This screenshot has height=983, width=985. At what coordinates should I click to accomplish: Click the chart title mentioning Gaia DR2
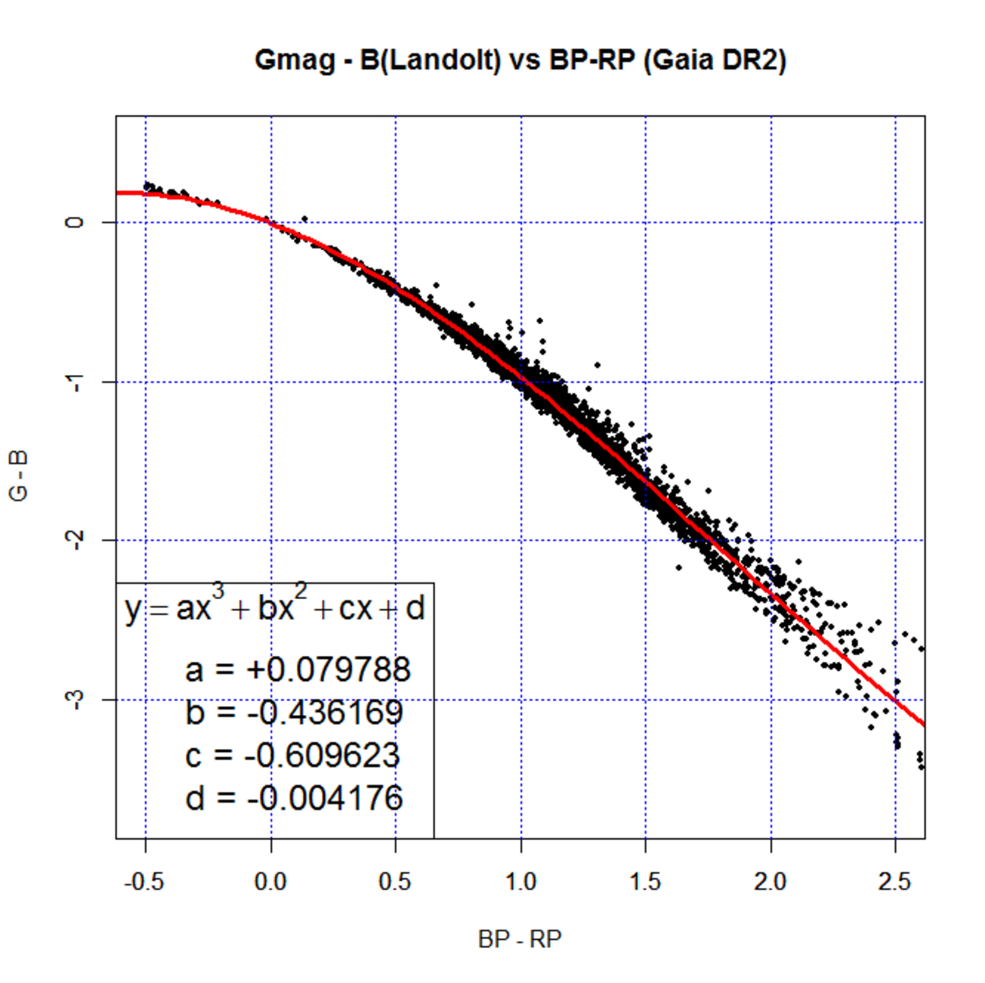[520, 60]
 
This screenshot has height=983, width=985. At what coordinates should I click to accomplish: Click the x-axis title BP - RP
[520, 940]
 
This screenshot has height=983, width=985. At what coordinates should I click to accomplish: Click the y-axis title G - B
[18, 476]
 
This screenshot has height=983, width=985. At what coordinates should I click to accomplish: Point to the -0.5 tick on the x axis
[145, 882]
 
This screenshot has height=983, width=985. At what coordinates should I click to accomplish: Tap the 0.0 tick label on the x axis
[270, 882]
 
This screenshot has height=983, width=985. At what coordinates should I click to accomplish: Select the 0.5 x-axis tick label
[396, 882]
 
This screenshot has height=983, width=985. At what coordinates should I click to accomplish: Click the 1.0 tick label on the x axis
[521, 882]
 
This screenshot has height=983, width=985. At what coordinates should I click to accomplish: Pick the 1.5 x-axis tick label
[646, 882]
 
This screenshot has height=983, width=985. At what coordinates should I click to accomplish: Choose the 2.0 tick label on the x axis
[771, 882]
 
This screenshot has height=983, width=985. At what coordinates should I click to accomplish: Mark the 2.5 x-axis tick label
[895, 882]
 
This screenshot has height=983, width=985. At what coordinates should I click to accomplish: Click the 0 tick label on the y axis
[74, 222]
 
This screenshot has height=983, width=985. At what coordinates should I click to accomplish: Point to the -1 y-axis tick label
[74, 382]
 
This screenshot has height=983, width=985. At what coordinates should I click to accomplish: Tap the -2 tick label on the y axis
[74, 541]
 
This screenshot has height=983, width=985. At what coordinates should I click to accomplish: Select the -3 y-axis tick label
[74, 700]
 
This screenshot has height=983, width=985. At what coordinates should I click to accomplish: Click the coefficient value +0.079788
[327, 669]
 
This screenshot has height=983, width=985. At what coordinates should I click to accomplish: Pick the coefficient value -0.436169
[325, 713]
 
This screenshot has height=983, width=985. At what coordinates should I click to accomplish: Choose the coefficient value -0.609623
[322, 756]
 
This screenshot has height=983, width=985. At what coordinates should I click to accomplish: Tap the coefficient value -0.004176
[325, 798]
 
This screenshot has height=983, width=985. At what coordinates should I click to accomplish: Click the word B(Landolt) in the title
[430, 60]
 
